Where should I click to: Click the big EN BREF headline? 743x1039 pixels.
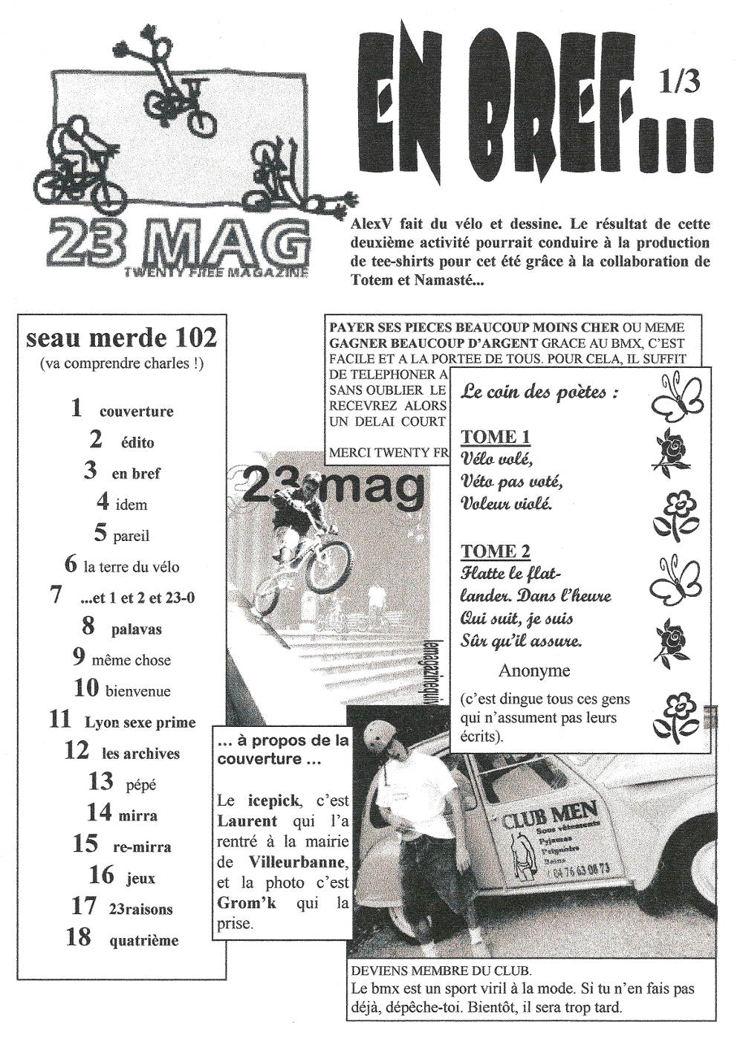coord(528,111)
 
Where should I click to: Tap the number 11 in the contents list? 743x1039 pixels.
coord(59,719)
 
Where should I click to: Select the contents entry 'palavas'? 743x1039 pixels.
coord(137,629)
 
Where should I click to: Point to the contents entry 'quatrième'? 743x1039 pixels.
coord(144,940)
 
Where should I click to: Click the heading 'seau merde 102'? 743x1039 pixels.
coord(121,339)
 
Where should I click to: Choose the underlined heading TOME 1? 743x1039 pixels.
coord(496,437)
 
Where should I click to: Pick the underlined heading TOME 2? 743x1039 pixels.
coord(496,551)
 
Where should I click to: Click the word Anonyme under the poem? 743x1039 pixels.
coord(534,670)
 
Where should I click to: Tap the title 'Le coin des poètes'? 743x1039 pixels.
coord(539,392)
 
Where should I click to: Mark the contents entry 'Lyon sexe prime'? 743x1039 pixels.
coord(140,722)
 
